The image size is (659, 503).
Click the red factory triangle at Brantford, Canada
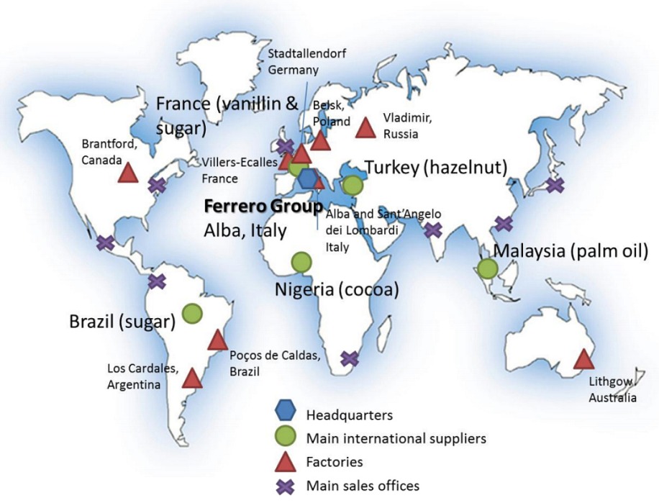tap(128, 173)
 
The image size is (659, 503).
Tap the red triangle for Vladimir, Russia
tap(366, 128)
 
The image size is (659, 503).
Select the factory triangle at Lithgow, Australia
tap(583, 359)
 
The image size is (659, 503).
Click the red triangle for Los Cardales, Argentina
tap(192, 378)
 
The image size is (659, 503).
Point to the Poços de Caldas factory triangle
tap(218, 340)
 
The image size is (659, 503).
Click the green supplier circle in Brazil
tap(192, 313)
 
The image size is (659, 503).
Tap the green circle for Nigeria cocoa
tap(301, 263)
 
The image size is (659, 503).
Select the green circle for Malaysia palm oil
tap(488, 269)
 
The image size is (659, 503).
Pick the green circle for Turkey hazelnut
tap(353, 185)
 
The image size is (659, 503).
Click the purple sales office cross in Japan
tap(555, 185)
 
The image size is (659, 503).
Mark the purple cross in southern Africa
tap(350, 358)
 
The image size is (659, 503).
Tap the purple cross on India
tap(433, 230)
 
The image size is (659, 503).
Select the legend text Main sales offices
tap(363, 486)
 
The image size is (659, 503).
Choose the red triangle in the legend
tap(287, 462)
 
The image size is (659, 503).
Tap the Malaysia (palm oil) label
tap(571, 251)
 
